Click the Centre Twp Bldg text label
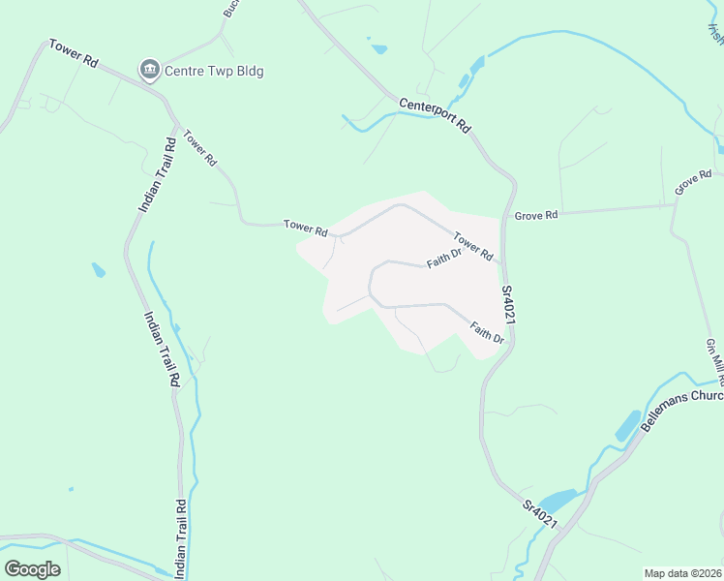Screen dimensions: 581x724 point(214,71)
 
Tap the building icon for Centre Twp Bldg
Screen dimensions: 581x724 point(149,70)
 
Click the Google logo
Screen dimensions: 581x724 point(32,568)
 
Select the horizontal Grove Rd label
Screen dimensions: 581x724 point(536,214)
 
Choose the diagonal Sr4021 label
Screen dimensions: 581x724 point(540,513)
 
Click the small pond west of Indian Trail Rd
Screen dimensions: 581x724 point(99,270)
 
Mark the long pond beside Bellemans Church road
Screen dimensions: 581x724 point(627,426)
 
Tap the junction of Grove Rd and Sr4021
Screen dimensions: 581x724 point(504,216)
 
